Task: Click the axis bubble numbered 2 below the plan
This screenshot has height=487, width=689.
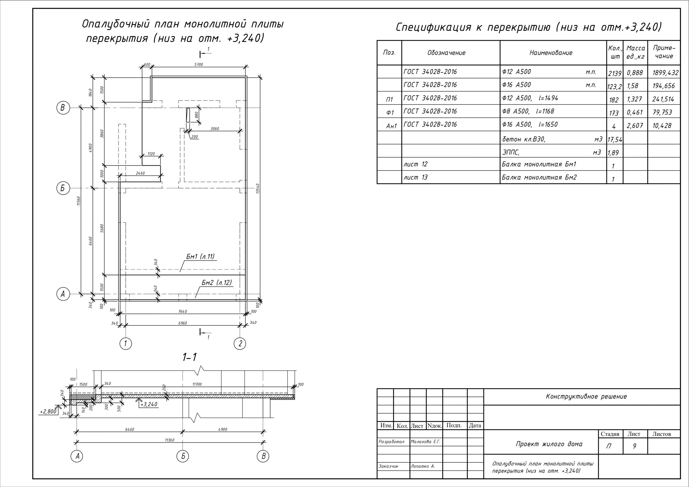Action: (x=240, y=344)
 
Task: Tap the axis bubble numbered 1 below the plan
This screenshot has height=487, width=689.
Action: (x=125, y=344)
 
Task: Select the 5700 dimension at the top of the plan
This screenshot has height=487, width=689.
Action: (x=198, y=65)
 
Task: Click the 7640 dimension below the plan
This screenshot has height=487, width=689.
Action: (x=182, y=312)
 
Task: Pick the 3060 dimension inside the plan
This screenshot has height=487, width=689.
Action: (x=215, y=129)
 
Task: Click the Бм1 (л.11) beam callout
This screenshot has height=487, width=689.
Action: (x=200, y=257)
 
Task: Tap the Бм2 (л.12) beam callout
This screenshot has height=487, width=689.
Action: (x=217, y=283)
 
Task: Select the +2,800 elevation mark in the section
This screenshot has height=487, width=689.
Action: (x=48, y=411)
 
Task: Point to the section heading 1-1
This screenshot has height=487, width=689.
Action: (x=190, y=357)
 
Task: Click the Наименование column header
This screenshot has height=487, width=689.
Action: (x=551, y=53)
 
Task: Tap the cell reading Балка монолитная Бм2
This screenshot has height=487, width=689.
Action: (x=539, y=177)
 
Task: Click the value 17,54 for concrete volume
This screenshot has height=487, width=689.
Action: (x=614, y=140)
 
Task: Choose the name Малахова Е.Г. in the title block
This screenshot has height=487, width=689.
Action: (x=425, y=442)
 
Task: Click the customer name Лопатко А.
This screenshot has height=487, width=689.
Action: (x=423, y=466)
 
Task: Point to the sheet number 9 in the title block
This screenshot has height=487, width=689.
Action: (x=634, y=446)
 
